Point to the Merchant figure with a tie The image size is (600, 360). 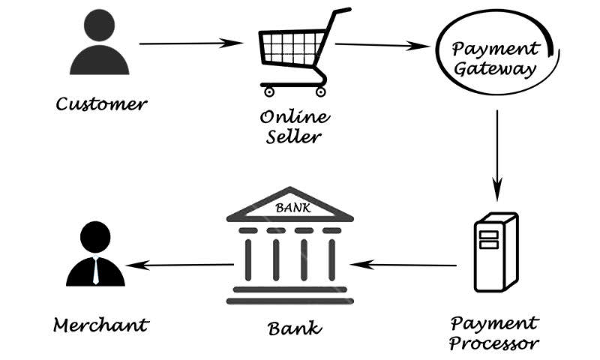pyautogui.click(x=94, y=255)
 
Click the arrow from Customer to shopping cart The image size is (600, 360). pyautogui.click(x=187, y=43)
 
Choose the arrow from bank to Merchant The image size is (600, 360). pyautogui.click(x=180, y=264)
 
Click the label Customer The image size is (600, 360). pyautogui.click(x=102, y=103)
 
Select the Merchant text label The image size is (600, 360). pyautogui.click(x=100, y=325)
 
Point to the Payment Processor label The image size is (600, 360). pyautogui.click(x=494, y=333)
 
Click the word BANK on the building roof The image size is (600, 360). pyautogui.click(x=290, y=206)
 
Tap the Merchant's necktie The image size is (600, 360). pyautogui.click(x=95, y=270)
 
